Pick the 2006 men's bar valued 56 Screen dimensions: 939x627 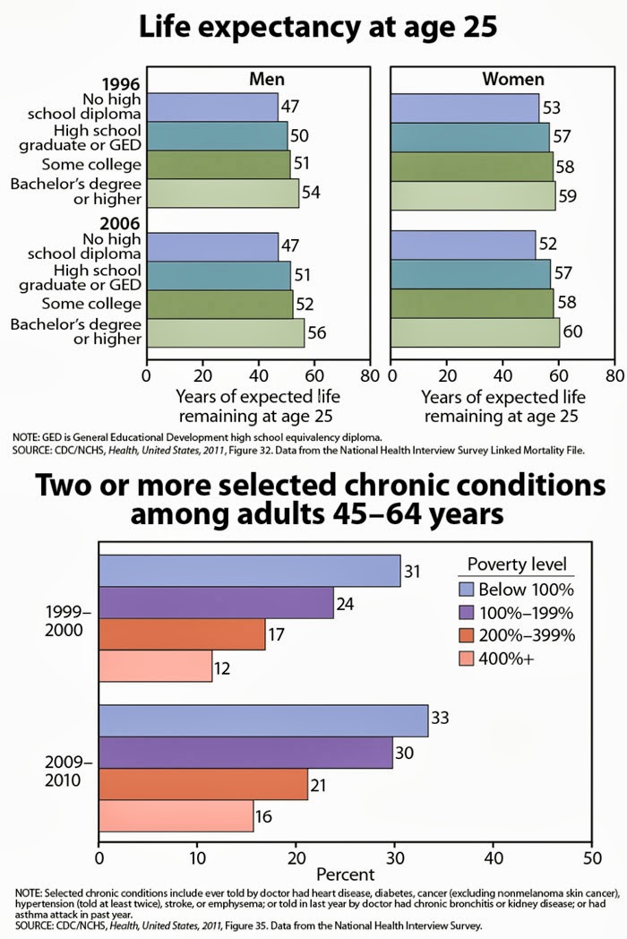[225, 332]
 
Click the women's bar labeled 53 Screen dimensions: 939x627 [465, 108]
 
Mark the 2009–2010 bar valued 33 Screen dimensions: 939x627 [263, 720]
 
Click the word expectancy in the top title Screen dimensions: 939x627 [322, 29]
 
